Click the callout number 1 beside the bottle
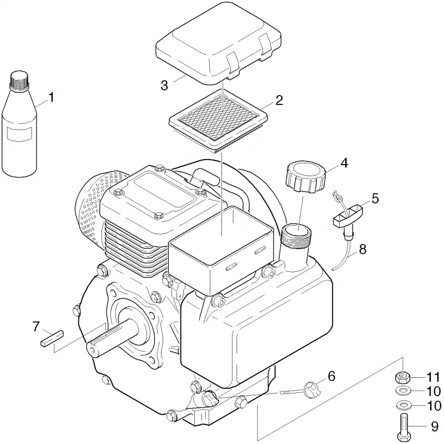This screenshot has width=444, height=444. point(51,98)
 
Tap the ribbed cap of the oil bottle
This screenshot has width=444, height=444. point(19,79)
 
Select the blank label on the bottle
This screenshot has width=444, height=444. point(20,134)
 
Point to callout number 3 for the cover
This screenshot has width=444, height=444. point(164,86)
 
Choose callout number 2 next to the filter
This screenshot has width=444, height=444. point(279,101)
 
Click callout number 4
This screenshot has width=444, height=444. point(344,163)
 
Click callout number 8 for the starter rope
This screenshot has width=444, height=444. point(362,250)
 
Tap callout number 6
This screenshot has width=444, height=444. point(331,376)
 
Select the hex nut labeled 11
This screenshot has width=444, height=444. point(403,378)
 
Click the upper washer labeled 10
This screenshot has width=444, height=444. point(403,391)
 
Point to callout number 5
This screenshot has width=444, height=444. point(375,198)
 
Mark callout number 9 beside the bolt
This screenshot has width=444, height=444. point(435,427)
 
